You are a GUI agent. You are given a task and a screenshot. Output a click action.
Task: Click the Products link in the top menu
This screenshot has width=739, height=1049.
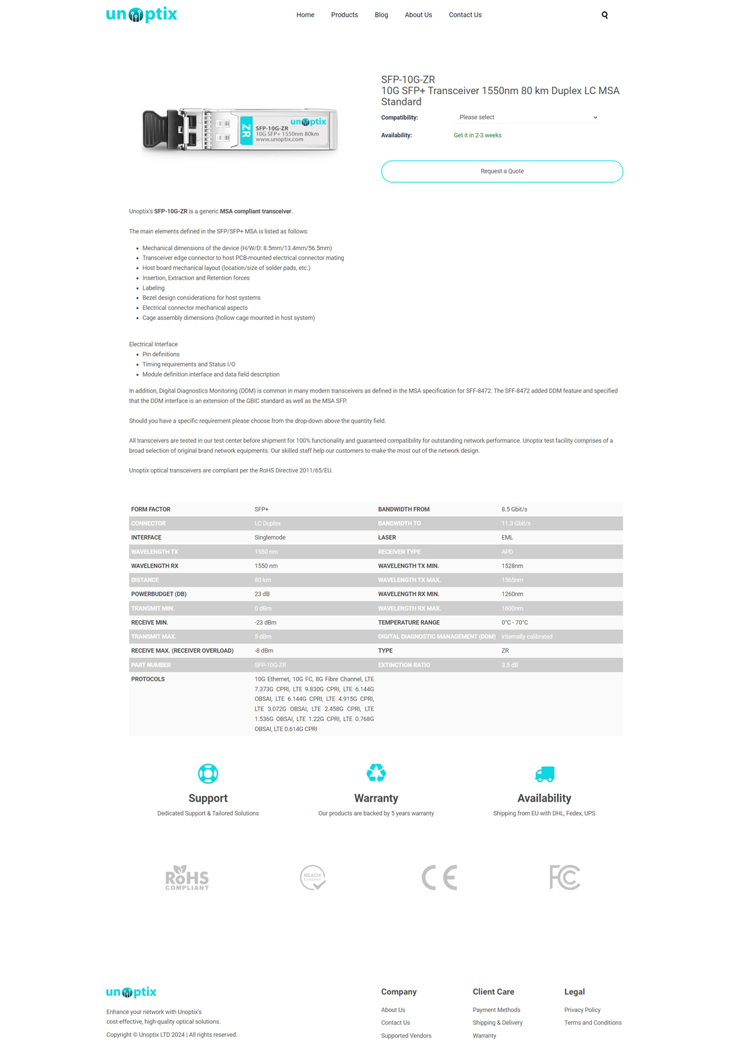[344, 15]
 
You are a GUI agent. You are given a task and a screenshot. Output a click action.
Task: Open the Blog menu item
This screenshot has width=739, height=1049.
[381, 15]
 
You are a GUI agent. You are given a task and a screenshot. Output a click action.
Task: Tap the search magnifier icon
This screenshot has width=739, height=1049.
[605, 15]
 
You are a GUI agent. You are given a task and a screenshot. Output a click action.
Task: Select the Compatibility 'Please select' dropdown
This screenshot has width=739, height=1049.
[527, 118]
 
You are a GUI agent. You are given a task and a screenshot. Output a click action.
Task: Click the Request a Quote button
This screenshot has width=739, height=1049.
[502, 171]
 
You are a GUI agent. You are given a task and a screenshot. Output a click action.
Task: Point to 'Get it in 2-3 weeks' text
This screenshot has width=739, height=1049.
[477, 136]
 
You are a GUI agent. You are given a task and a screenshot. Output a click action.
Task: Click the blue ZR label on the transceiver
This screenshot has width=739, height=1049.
[246, 131]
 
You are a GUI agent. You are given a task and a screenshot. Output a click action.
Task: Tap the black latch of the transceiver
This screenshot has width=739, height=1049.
[161, 130]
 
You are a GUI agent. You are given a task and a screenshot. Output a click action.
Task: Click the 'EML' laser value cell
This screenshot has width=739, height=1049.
[507, 538]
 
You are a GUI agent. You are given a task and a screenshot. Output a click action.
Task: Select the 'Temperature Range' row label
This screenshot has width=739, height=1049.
[408, 622]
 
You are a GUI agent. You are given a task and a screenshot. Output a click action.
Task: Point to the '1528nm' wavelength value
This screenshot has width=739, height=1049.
[512, 566]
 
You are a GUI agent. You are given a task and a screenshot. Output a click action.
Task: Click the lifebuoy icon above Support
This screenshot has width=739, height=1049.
[208, 773]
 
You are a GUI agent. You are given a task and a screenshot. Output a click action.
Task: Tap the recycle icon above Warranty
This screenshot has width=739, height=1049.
[376, 773]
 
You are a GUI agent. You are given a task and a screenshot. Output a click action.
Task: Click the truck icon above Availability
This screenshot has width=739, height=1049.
[544, 774]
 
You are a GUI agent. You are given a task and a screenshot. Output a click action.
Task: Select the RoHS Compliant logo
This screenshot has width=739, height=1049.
[187, 878]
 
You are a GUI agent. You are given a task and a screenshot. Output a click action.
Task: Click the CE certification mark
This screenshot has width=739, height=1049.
[439, 878]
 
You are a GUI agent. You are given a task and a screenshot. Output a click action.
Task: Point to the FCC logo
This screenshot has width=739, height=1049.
[564, 878]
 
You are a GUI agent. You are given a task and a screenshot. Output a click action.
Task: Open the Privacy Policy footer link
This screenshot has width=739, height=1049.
[582, 1010]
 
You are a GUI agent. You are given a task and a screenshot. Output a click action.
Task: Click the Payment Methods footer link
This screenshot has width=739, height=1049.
[496, 1010]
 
